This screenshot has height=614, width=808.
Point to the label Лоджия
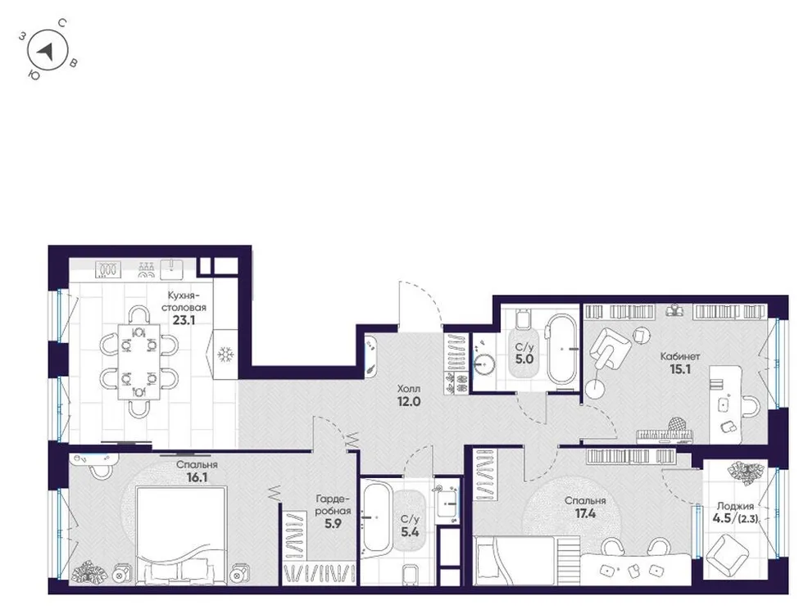(733, 506)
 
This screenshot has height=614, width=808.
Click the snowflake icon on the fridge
(225, 354)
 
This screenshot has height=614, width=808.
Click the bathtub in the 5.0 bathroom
(562, 349)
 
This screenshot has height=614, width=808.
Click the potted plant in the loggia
(747, 472)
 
